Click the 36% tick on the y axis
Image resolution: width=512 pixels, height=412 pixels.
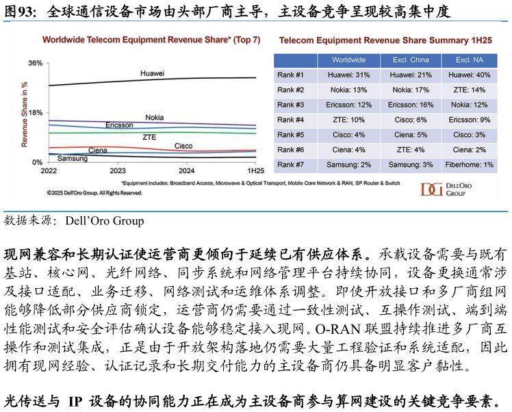(x=36, y=63)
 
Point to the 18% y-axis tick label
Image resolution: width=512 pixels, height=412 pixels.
(x=36, y=113)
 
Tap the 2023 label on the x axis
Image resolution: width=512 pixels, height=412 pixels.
(x=118, y=170)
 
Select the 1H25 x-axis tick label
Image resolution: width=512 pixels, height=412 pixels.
(x=256, y=170)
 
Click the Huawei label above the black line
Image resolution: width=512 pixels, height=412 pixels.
(x=152, y=73)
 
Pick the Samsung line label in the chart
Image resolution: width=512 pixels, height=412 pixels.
(x=73, y=158)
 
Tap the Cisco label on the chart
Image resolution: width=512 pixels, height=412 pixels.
(x=183, y=146)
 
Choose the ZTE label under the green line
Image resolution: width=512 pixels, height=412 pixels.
(x=149, y=137)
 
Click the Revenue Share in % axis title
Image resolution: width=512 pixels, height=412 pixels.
(x=24, y=114)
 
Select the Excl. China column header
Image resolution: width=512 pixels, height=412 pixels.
(x=411, y=60)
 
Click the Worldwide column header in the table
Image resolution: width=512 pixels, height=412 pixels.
(x=348, y=60)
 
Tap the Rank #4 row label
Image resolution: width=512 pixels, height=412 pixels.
(x=291, y=120)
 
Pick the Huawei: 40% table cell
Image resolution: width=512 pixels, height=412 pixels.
(x=470, y=75)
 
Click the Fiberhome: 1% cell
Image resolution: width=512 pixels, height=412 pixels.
(x=470, y=165)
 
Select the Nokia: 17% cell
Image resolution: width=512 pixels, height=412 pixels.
(x=411, y=90)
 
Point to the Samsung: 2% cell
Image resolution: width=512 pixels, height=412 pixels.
(x=348, y=165)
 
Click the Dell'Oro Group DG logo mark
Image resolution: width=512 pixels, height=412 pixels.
(x=432, y=190)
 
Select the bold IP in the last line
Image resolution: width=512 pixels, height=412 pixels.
(x=75, y=402)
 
